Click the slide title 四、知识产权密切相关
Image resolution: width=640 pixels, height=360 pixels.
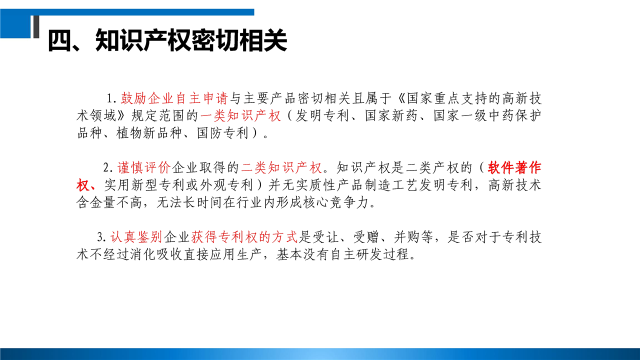click(167, 40)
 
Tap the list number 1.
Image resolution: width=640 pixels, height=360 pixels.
click(111, 98)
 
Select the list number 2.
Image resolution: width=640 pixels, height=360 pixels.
click(108, 167)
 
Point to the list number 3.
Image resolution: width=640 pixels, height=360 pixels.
click(101, 237)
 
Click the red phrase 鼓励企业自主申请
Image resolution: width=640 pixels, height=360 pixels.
click(174, 98)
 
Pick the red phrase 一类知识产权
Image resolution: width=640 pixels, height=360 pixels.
click(240, 116)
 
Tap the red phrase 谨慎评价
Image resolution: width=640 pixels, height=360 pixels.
click(144, 167)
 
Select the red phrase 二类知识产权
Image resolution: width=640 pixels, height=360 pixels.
click(281, 167)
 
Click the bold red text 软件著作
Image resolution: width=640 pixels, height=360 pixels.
click(514, 167)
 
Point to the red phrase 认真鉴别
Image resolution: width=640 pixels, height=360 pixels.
click(136, 237)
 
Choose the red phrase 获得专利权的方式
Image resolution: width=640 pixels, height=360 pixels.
click(244, 237)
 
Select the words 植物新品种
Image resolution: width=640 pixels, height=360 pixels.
click(149, 133)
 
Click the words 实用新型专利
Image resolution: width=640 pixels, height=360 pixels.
click(144, 185)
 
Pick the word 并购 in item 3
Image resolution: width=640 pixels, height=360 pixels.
click(407, 237)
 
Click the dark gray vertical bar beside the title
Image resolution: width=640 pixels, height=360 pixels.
click(36, 27)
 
